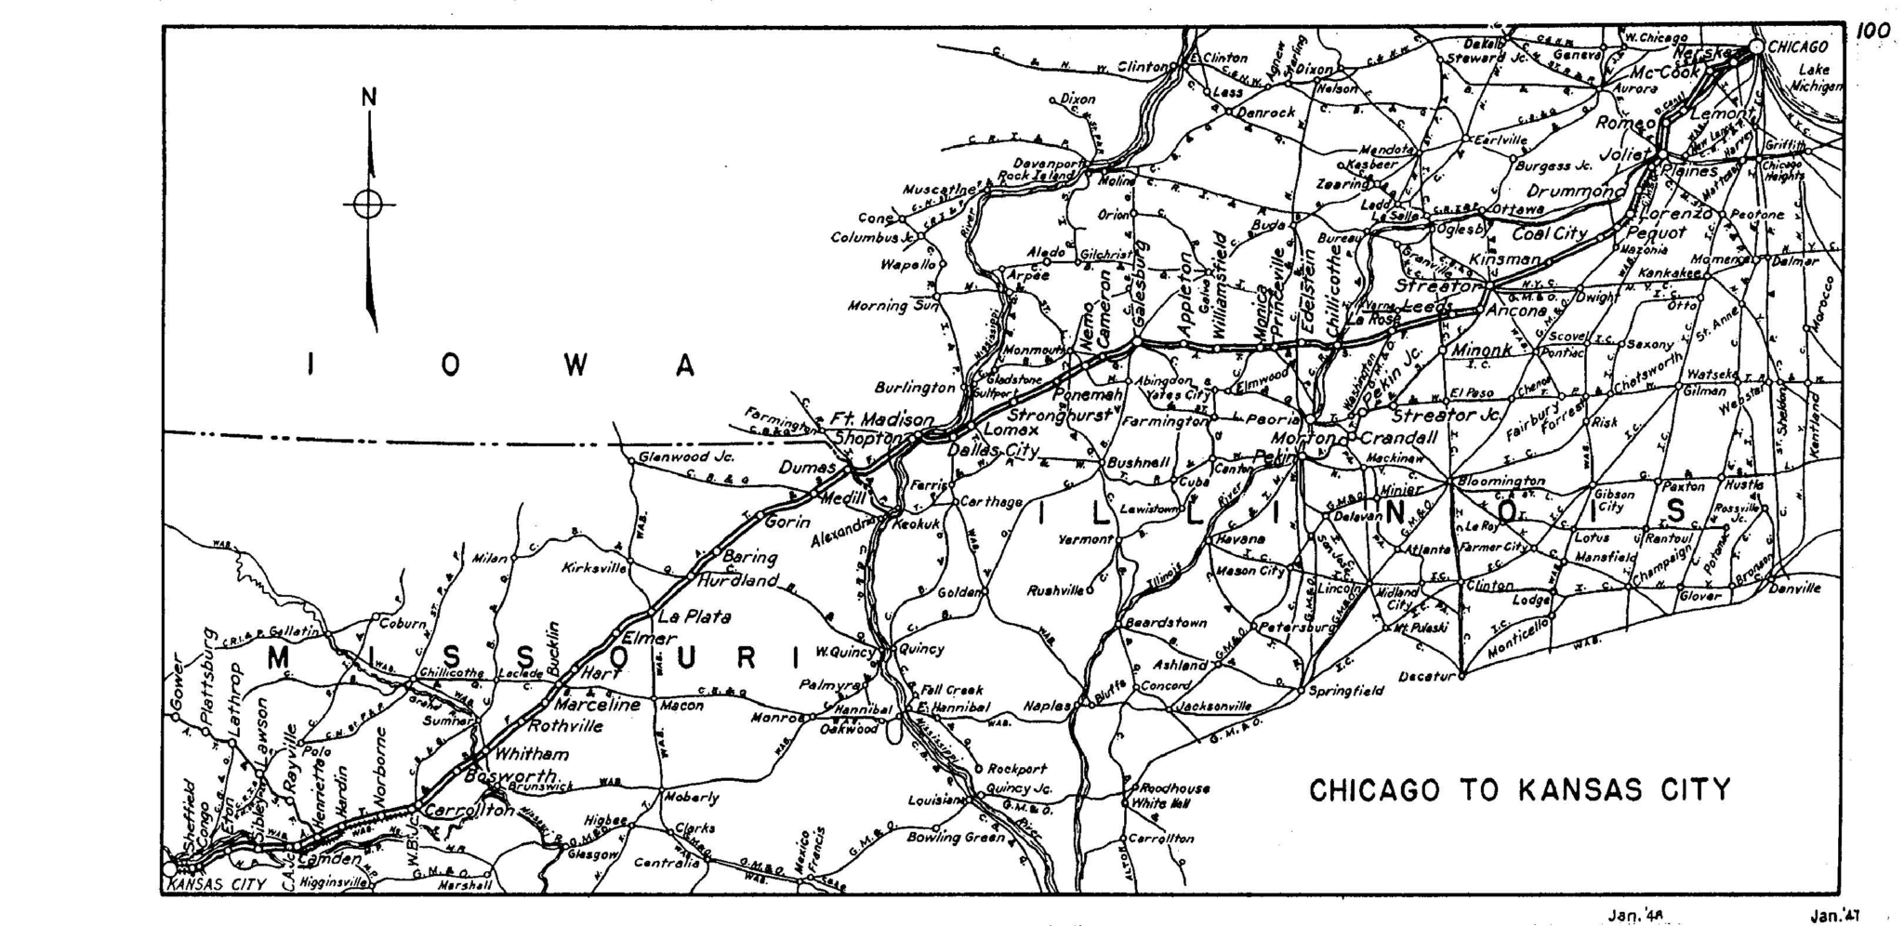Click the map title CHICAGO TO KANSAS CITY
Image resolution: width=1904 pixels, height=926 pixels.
point(1520,790)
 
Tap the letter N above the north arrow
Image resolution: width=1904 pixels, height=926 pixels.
point(369,98)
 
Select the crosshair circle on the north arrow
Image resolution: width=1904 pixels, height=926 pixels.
point(368,205)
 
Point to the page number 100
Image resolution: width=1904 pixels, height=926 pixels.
point(1873,32)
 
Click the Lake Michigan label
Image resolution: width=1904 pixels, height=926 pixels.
point(1815,78)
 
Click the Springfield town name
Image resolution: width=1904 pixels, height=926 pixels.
point(1346,691)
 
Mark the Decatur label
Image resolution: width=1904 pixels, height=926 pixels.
point(1425,676)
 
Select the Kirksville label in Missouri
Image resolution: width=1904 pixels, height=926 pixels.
point(595,568)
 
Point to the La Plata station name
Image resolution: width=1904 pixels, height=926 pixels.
point(694,616)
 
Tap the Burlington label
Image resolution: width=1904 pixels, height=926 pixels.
point(915,388)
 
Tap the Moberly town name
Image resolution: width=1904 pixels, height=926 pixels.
point(692,798)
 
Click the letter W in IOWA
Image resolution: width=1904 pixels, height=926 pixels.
point(575,366)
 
